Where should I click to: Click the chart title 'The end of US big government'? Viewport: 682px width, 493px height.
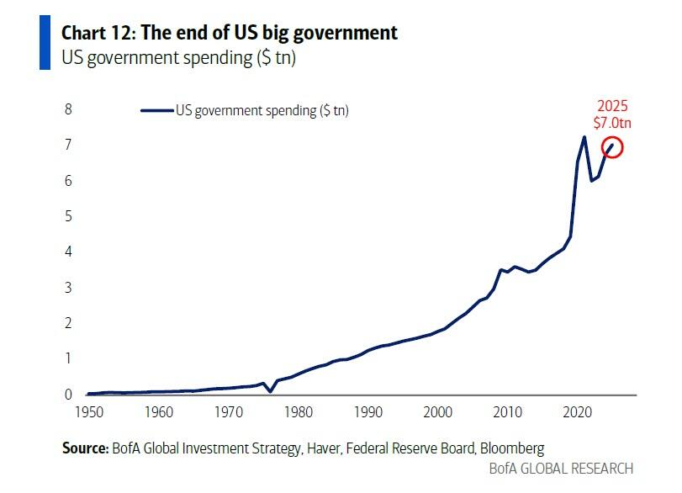(x=267, y=33)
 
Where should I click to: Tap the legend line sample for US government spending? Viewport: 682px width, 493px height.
(x=156, y=110)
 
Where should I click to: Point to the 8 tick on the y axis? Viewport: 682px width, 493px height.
(x=68, y=109)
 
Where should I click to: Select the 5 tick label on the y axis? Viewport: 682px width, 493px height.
(x=68, y=216)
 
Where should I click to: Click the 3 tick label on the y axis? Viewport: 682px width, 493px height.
(x=68, y=288)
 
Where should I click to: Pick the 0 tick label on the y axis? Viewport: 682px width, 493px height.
(x=68, y=394)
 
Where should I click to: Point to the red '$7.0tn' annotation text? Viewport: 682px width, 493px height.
(x=612, y=124)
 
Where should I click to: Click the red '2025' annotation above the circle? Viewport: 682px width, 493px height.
(x=612, y=107)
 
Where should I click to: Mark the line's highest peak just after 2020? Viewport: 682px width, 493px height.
(x=584, y=136)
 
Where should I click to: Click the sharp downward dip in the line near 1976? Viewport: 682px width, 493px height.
(x=270, y=391)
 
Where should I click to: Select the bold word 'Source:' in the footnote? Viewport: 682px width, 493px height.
(x=85, y=448)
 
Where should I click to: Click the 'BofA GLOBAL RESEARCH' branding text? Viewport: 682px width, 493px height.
(x=560, y=469)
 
